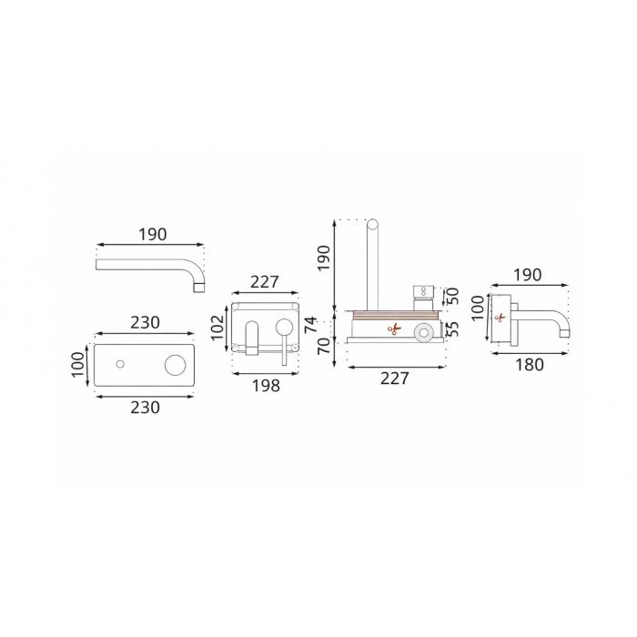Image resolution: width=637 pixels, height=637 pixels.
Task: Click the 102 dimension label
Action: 217,328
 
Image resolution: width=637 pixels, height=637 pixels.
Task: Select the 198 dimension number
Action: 266,386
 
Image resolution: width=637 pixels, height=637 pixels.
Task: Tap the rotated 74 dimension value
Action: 311,325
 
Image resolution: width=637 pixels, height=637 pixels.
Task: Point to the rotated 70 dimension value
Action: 323,346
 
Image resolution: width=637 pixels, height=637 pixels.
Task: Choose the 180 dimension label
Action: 530,365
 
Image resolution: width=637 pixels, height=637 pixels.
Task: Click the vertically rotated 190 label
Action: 324,258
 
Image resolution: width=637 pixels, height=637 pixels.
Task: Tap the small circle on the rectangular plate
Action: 120,364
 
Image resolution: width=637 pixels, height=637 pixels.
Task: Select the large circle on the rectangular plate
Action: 176,364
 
